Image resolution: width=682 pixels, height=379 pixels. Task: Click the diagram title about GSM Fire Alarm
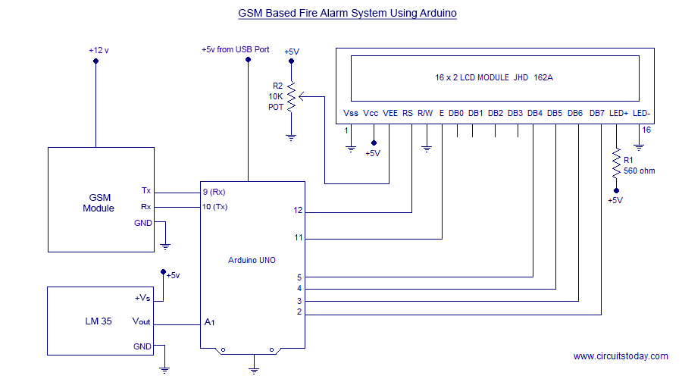click(347, 13)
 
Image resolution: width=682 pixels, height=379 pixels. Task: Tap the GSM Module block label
click(99, 202)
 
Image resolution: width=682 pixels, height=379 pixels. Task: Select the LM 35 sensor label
click(99, 321)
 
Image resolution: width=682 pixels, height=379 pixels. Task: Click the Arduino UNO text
click(252, 260)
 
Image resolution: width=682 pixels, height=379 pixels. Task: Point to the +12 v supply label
click(99, 50)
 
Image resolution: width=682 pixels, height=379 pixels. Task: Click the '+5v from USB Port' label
click(235, 49)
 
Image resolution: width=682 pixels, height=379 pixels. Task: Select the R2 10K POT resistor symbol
click(291, 96)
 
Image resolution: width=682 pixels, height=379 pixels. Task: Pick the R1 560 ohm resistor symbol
click(615, 164)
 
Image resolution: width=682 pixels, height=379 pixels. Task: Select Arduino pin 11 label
click(299, 238)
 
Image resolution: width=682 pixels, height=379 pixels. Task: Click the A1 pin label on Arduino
click(210, 322)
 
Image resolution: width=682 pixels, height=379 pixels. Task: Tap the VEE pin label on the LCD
click(390, 114)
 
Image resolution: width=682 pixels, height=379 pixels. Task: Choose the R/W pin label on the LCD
click(425, 114)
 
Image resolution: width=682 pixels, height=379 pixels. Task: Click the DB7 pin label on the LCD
click(597, 114)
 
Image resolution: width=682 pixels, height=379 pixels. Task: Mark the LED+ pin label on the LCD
click(618, 114)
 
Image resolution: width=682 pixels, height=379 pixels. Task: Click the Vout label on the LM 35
click(141, 322)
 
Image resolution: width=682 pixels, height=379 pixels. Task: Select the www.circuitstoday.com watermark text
click(621, 356)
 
